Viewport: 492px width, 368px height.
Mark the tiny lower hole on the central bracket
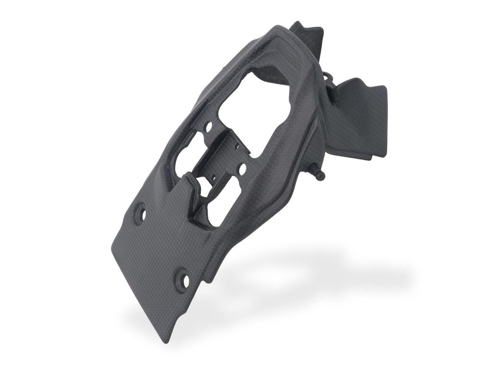click(x=213, y=177)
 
